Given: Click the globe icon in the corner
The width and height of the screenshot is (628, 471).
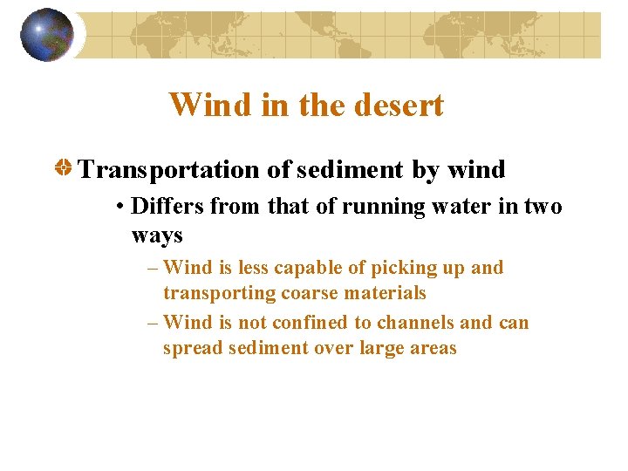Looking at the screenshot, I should pyautogui.click(x=47, y=35).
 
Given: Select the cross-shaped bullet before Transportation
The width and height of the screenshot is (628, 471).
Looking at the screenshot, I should pyautogui.click(x=65, y=168).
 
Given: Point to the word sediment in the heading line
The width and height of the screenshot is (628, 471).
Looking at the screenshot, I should pyautogui.click(x=350, y=169).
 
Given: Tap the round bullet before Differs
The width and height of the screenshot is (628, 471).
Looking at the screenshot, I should pyautogui.click(x=120, y=208).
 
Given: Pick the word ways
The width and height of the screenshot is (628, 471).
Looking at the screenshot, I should pyautogui.click(x=157, y=235).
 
